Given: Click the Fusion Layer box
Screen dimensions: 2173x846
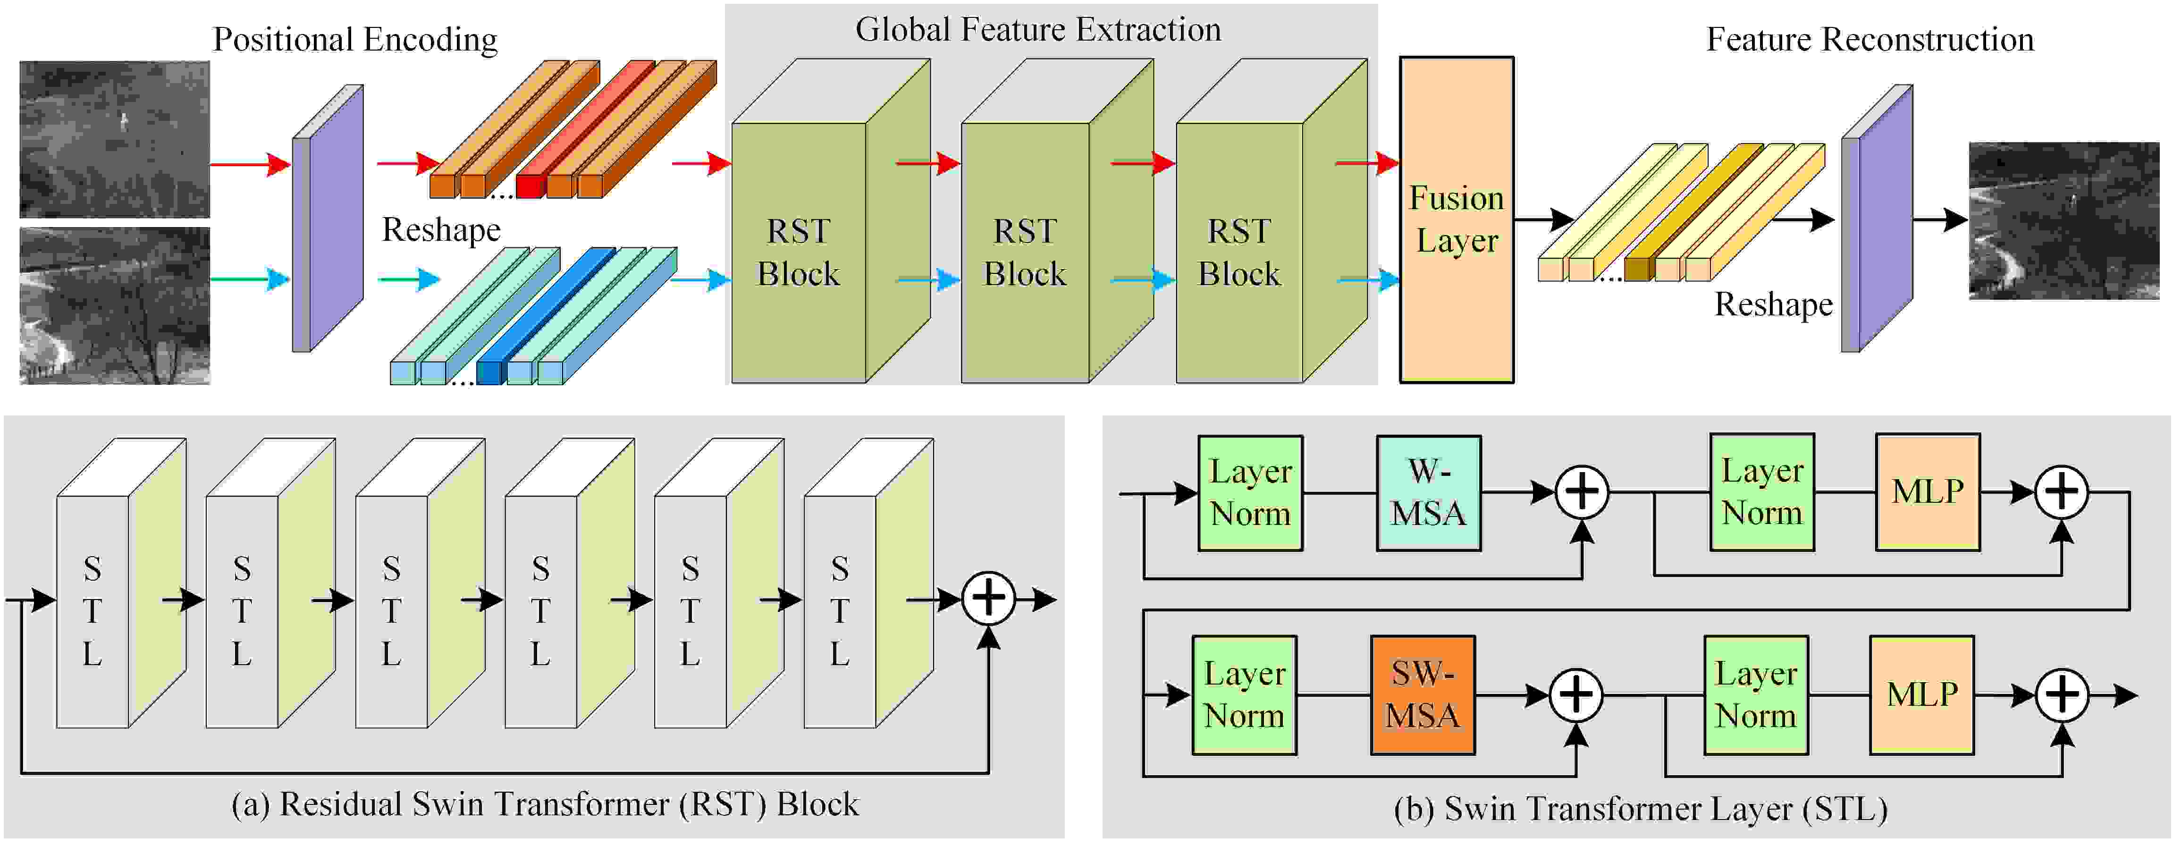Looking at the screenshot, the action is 1457,220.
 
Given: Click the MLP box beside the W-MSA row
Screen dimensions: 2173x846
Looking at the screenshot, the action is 1928,492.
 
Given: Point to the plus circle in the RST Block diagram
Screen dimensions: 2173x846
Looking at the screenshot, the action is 989,599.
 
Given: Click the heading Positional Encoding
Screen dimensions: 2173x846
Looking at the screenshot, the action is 354,40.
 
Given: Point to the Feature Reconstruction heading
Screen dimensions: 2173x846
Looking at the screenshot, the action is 1870,40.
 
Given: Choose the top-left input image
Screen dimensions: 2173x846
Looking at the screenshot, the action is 115,139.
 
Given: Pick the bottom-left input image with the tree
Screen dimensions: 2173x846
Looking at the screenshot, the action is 115,305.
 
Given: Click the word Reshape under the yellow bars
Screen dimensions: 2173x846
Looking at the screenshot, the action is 1773,305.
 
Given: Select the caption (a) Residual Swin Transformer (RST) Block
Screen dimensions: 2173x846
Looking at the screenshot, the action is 545,804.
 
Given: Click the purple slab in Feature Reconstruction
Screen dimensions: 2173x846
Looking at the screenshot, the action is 1876,219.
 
